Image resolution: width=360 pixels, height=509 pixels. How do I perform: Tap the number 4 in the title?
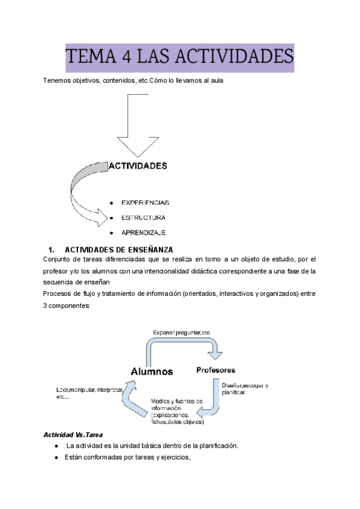coord(126,58)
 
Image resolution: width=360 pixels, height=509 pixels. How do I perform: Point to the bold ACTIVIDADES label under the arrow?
coord(137,165)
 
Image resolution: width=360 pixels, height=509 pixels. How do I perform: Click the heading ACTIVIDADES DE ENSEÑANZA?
coord(119,249)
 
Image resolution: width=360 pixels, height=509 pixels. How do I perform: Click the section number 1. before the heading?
coord(51,249)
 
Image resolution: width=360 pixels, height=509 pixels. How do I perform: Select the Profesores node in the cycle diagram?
coord(215,370)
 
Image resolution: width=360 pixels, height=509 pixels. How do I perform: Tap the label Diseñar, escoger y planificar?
coord(245,388)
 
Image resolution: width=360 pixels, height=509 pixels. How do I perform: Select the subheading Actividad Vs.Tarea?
coord(74,434)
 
